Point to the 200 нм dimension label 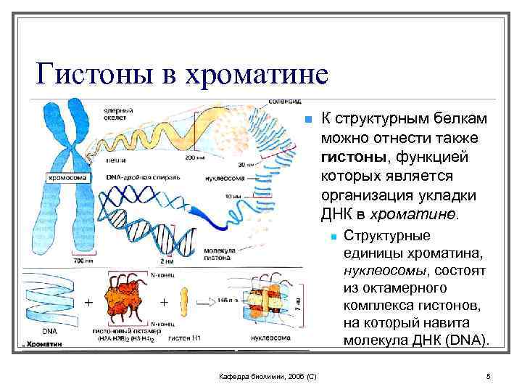[194, 157]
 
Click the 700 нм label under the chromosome [61, 259]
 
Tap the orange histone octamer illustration [126, 298]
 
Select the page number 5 [489, 376]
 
